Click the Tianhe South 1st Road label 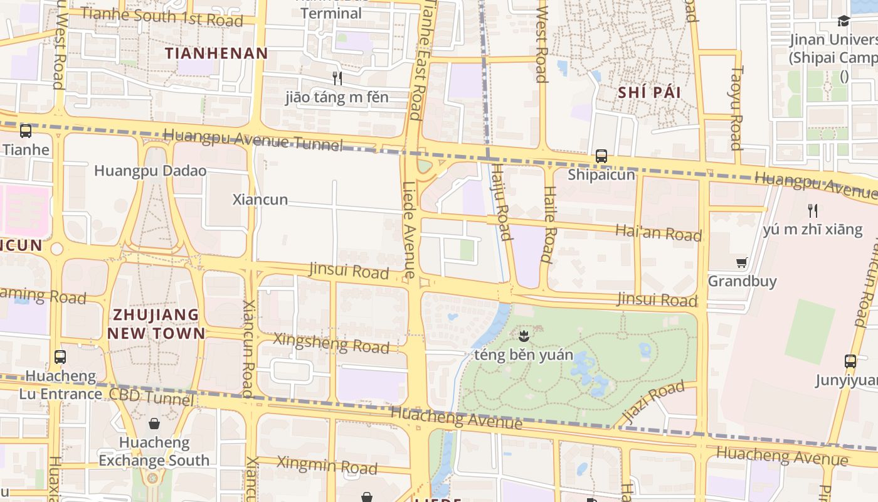(x=162, y=17)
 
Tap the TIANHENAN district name (x=216, y=53)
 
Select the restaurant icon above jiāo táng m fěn (x=337, y=78)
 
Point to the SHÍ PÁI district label (x=649, y=92)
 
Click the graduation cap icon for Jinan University (x=844, y=21)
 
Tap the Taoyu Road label (x=736, y=108)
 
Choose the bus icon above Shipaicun (x=601, y=156)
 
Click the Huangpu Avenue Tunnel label (x=253, y=139)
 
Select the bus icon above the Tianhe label (x=26, y=131)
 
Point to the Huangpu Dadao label (x=150, y=171)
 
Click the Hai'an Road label (x=658, y=233)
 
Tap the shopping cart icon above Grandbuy (x=742, y=262)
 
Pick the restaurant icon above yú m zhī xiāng (x=813, y=210)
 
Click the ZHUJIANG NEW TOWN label (x=156, y=324)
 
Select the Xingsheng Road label (x=332, y=343)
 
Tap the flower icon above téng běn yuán (x=524, y=336)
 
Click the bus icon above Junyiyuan (x=850, y=361)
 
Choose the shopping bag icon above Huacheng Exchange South (x=154, y=424)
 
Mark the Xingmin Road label (x=327, y=465)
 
